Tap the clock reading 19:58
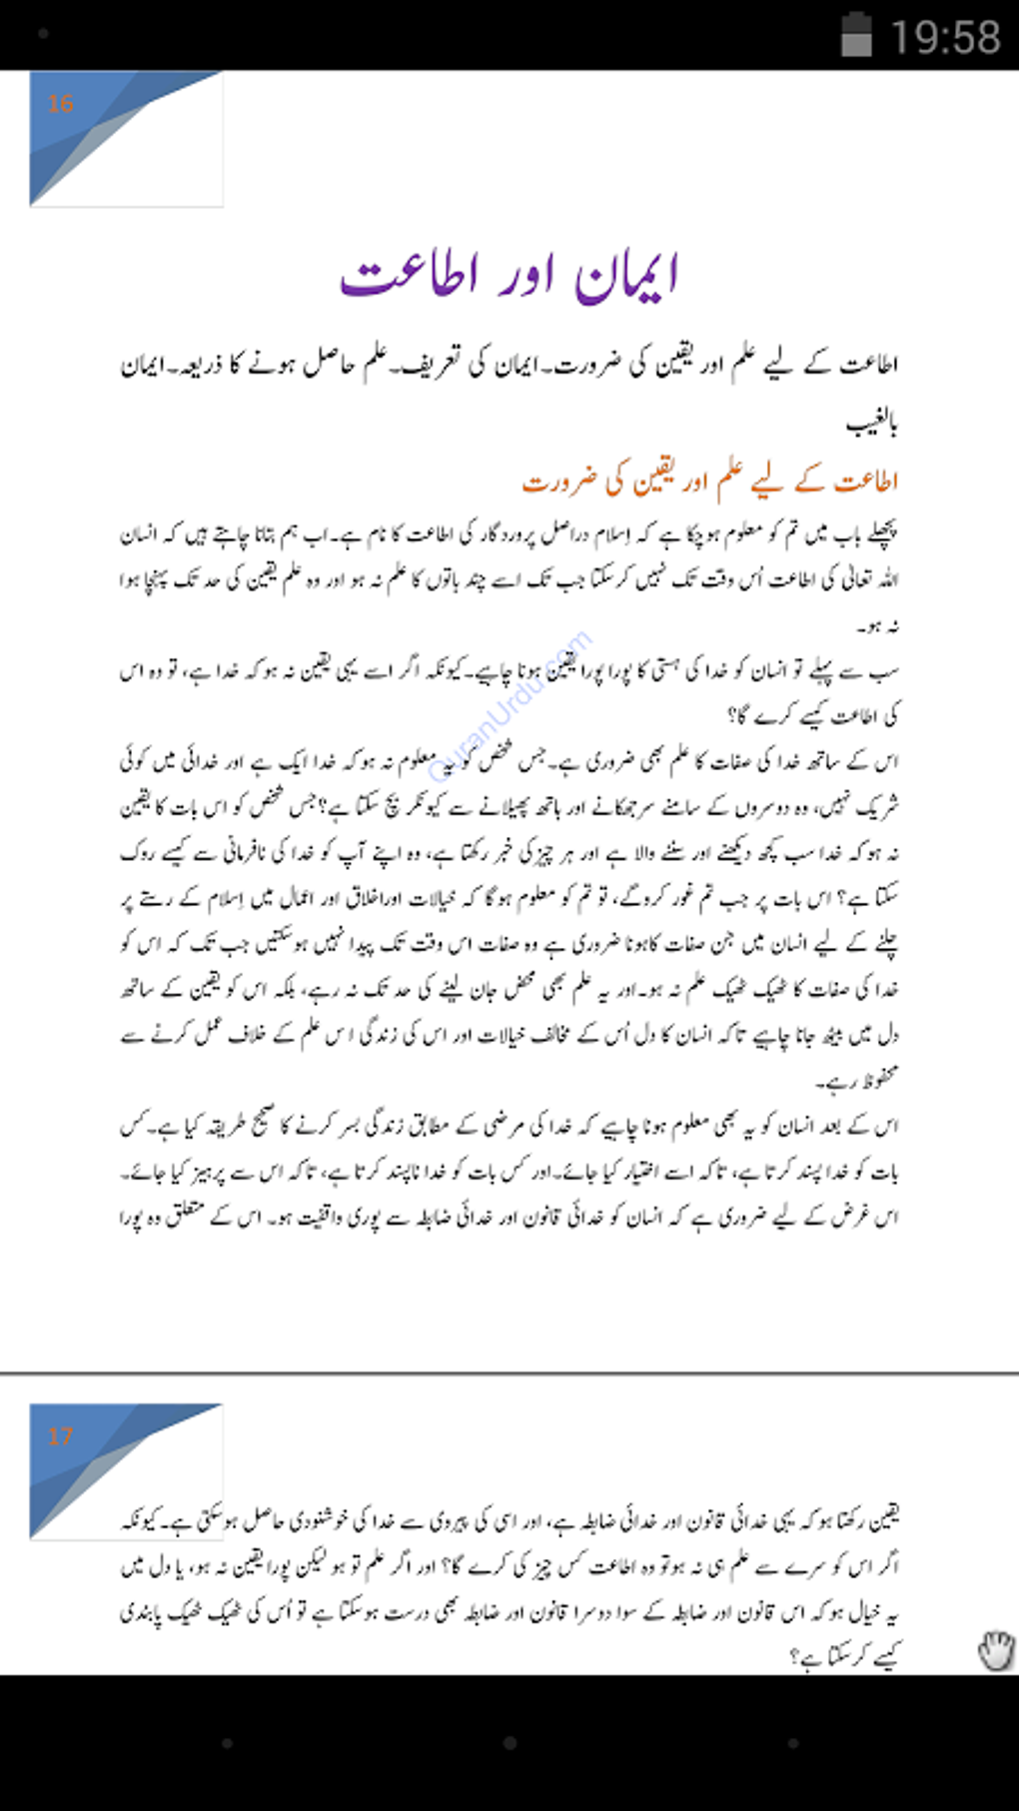click(x=944, y=37)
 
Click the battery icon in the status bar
click(x=856, y=35)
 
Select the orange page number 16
click(x=61, y=104)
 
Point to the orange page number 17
click(x=61, y=1436)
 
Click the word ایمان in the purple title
click(x=627, y=276)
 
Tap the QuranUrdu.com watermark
click(x=509, y=704)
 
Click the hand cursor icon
click(x=995, y=1650)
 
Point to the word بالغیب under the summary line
click(x=871, y=426)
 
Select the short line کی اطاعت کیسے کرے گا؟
click(x=814, y=715)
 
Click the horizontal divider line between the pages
click(x=509, y=1373)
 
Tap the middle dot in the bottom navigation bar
click(x=509, y=1743)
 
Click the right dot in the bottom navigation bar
click(x=792, y=1743)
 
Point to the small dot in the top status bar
click(x=43, y=34)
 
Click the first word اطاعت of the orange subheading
click(x=866, y=482)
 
